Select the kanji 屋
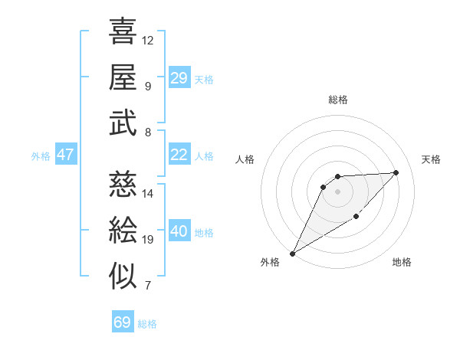click(123, 77)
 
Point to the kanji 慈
click(123, 184)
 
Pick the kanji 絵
click(123, 230)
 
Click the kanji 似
click(123, 277)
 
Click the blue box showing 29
click(179, 78)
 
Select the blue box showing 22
click(179, 155)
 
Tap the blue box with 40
click(179, 231)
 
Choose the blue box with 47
click(65, 155)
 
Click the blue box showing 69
click(122, 322)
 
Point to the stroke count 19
click(148, 240)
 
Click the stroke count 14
click(148, 194)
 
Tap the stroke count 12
click(148, 40)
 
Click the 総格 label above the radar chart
click(337, 100)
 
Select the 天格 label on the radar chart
click(431, 159)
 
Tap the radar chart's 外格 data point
click(292, 254)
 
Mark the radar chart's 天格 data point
click(396, 172)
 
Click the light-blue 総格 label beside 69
click(147, 324)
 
